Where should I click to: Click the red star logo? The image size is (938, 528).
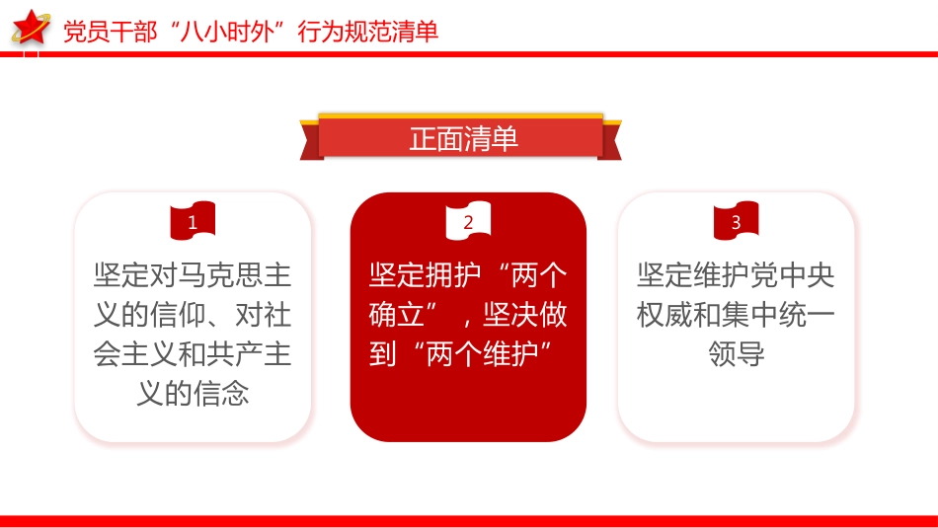coord(31,28)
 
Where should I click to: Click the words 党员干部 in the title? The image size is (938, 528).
coord(110,32)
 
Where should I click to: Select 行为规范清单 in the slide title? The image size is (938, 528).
coord(368,32)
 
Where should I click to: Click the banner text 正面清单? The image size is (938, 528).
coord(464,139)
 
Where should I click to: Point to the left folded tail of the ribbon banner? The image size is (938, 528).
coord(310,141)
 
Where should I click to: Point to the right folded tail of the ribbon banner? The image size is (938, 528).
coord(610,141)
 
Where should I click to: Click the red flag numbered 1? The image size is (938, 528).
coord(193,221)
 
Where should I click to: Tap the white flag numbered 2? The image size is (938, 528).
coord(468,221)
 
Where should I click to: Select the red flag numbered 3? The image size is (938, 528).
coord(736,221)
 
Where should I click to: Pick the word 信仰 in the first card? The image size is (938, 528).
coord(179,315)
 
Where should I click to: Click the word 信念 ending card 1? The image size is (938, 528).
coord(221,394)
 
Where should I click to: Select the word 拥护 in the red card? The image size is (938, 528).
coord(453,275)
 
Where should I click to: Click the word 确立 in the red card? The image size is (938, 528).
coord(397,315)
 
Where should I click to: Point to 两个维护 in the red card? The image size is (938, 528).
coord(482,354)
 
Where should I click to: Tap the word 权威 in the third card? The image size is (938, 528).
coord(664,315)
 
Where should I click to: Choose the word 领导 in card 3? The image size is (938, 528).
coord(736,354)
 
